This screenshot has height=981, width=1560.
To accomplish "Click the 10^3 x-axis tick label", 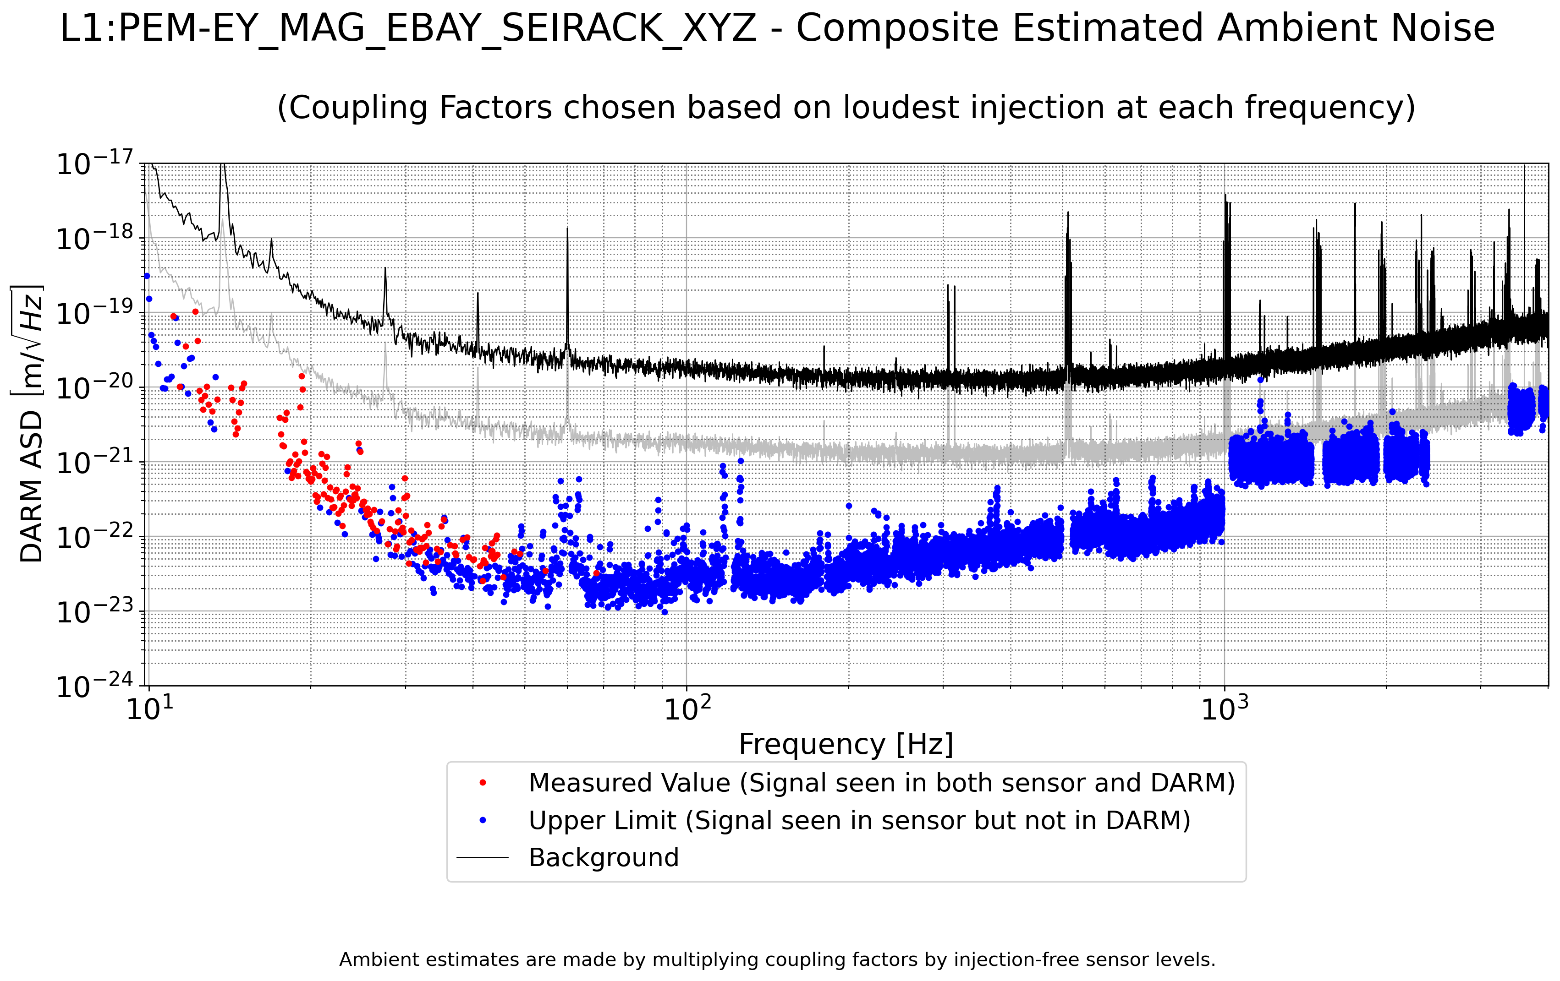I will coord(1225,708).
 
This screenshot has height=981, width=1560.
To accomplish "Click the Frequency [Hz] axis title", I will coord(846,744).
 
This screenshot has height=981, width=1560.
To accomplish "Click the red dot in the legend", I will coord(483,783).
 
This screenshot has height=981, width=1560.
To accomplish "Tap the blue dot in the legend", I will coord(483,820).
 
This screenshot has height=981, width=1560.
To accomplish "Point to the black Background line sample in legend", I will coord(483,858).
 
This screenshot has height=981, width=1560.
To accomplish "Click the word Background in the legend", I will coord(604,857).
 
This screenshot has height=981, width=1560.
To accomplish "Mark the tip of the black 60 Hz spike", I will coord(567,228).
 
